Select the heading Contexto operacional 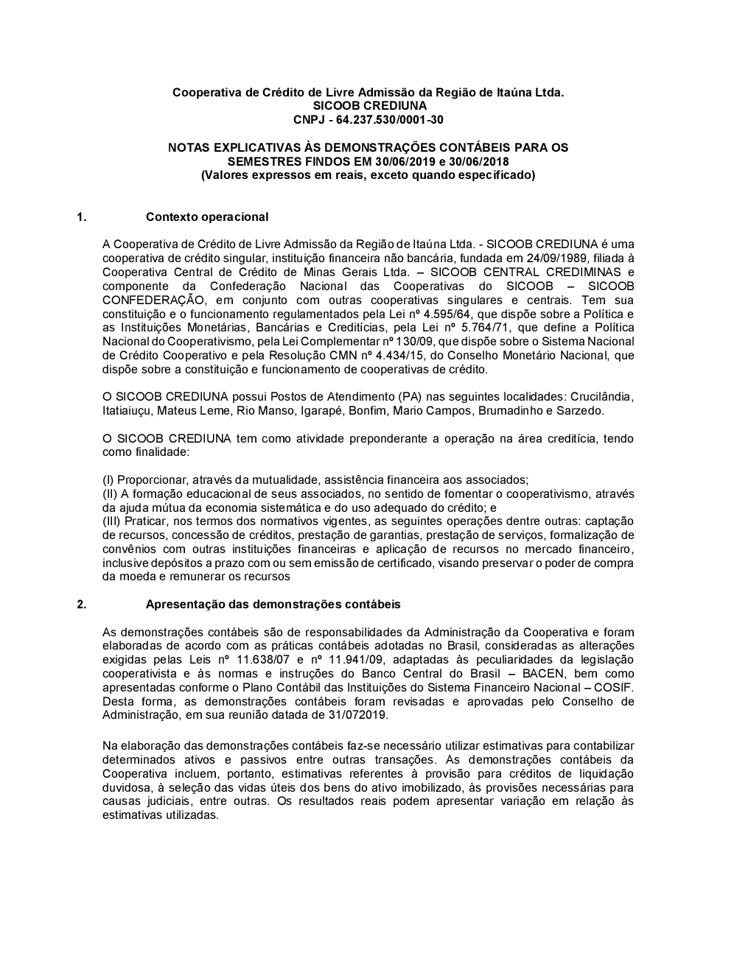[207, 217]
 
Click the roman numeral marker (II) [110, 493]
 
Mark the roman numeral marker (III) [111, 521]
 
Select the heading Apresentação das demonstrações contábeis [273, 604]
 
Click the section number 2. [82, 604]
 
